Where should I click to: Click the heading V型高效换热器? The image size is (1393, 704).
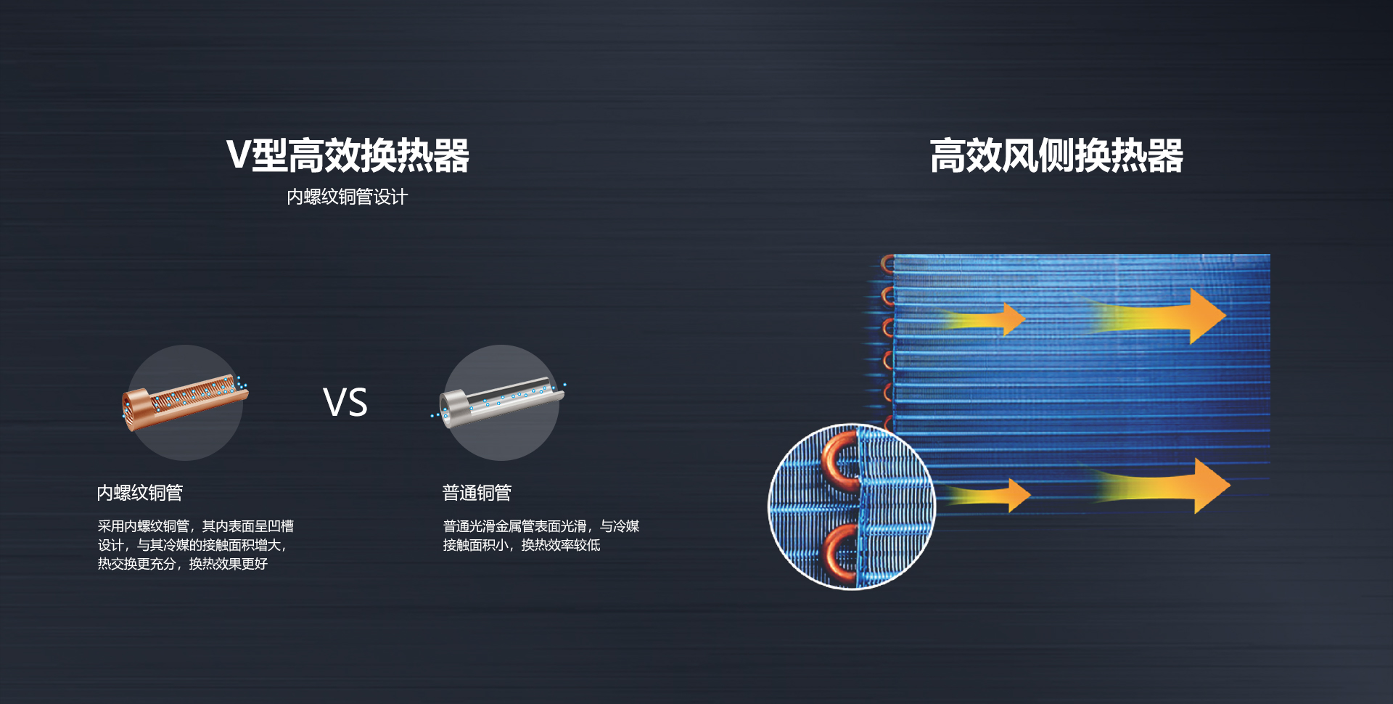[348, 155]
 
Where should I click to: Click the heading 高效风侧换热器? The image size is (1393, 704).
[1056, 155]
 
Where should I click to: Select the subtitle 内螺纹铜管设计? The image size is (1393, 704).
[348, 197]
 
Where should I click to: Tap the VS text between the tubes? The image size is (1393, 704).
[345, 402]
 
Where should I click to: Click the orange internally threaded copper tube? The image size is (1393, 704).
[185, 401]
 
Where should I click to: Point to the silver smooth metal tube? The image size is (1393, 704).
[501, 402]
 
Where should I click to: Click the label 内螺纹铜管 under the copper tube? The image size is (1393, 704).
[140, 493]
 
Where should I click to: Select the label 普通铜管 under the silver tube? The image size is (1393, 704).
[477, 493]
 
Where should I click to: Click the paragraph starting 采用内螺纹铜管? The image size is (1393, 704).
[196, 544]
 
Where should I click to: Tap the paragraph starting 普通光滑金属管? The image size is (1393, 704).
[541, 535]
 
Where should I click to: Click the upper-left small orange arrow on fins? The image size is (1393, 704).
[984, 319]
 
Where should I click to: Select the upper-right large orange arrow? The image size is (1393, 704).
[1160, 316]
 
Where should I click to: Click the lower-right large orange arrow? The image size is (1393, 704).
[1164, 486]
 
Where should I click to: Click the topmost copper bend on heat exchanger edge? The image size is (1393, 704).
[887, 263]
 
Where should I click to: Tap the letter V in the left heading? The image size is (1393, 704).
[238, 155]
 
